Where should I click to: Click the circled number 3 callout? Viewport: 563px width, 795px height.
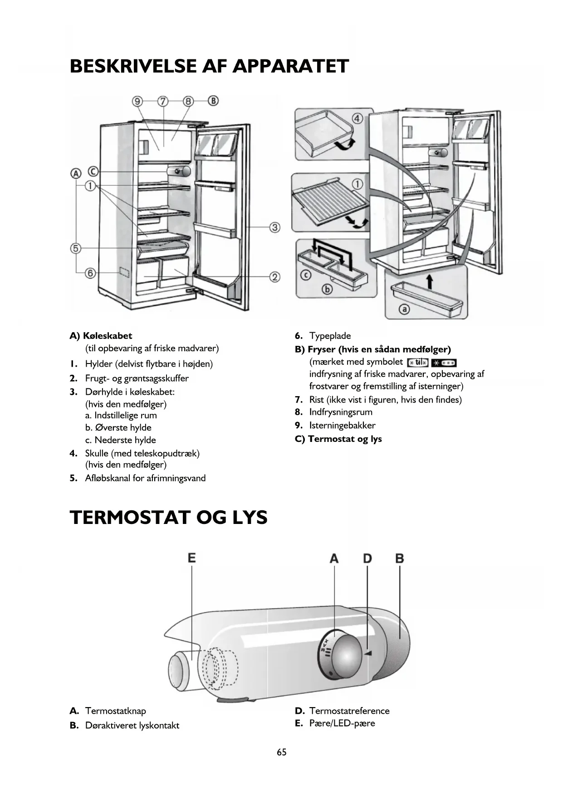click(x=275, y=227)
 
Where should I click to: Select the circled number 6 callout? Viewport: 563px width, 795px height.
click(x=91, y=273)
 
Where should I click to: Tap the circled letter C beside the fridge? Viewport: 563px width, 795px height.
click(x=93, y=172)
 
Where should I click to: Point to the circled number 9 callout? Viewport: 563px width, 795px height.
click(x=137, y=101)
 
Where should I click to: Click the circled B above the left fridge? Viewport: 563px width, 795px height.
click(x=213, y=101)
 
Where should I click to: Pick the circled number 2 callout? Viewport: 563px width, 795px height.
click(x=275, y=276)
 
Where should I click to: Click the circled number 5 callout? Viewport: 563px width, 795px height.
click(x=75, y=248)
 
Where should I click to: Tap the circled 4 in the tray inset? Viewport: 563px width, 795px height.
click(x=357, y=119)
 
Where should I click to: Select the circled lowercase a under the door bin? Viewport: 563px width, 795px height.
click(x=403, y=309)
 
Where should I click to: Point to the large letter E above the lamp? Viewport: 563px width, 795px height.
click(x=192, y=557)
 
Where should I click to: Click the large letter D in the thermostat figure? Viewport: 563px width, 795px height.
click(x=367, y=558)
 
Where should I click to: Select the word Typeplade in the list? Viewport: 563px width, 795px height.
click(x=330, y=336)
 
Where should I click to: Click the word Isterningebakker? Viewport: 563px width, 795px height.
click(x=342, y=425)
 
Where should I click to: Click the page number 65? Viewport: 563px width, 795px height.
click(x=282, y=752)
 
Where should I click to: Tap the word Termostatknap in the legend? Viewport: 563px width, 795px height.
click(x=115, y=711)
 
